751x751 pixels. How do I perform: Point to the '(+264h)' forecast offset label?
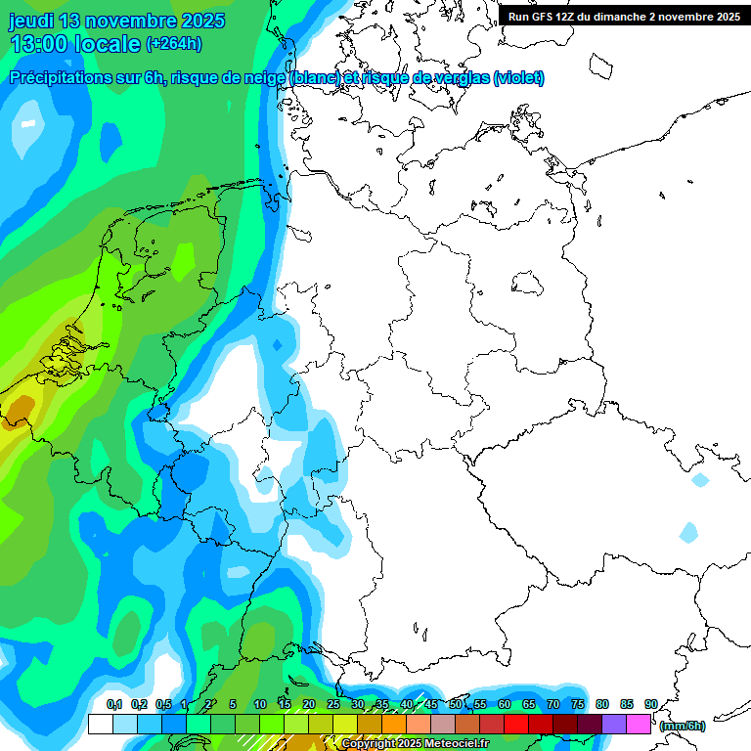tap(173, 44)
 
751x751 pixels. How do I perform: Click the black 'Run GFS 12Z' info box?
tap(624, 16)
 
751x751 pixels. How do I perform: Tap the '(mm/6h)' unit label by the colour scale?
tap(683, 726)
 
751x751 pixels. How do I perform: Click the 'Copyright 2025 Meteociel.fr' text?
tap(415, 744)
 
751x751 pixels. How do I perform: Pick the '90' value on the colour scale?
tap(650, 704)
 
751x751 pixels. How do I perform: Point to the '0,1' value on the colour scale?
tap(113, 704)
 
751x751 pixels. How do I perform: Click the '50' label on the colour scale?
tap(455, 704)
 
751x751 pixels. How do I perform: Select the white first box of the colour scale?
tap(100, 724)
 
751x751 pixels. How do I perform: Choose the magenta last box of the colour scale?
tap(639, 724)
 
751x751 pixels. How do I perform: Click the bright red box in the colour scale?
tap(516, 724)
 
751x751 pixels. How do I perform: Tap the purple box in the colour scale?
tap(614, 724)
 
